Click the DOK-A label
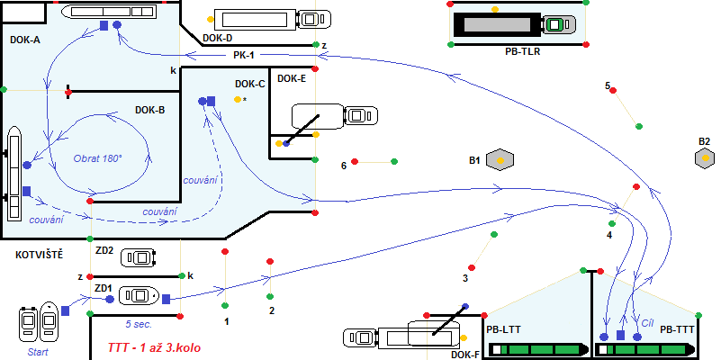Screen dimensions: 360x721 [x=25, y=40]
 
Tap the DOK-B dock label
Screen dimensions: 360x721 [x=149, y=110]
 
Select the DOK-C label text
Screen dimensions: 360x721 [x=249, y=85]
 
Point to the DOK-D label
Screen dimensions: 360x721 [x=218, y=39]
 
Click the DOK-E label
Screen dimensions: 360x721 [x=292, y=79]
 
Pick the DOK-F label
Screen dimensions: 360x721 [x=466, y=355]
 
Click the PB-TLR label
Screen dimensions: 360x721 [x=522, y=52]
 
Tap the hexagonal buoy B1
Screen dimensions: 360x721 [x=500, y=160]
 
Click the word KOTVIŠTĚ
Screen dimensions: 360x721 [x=39, y=256]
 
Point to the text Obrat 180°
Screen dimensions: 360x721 [x=97, y=158]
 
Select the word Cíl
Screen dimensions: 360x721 [x=646, y=320]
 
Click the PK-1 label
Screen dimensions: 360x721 [x=244, y=55]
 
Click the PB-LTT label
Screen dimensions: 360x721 [x=502, y=330]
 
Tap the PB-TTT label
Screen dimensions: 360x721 [x=677, y=330]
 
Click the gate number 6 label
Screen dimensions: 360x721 [x=344, y=166]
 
